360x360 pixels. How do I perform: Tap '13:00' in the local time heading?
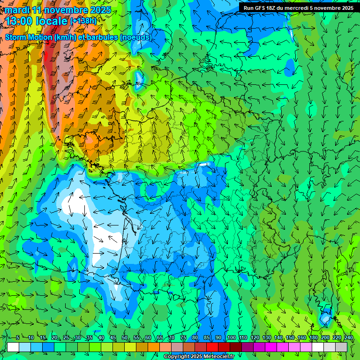(20, 21)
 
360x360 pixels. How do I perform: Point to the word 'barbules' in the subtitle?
(103, 37)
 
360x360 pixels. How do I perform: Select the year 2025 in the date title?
(100, 10)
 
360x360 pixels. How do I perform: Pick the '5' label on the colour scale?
(18, 338)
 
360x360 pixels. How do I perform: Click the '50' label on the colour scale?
(125, 338)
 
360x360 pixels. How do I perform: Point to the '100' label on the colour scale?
(231, 338)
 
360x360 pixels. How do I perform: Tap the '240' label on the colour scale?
(348, 338)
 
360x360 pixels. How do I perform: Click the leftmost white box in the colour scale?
(13, 347)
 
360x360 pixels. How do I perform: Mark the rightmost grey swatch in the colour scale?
(341, 347)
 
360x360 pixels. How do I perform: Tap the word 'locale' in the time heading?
(51, 21)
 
